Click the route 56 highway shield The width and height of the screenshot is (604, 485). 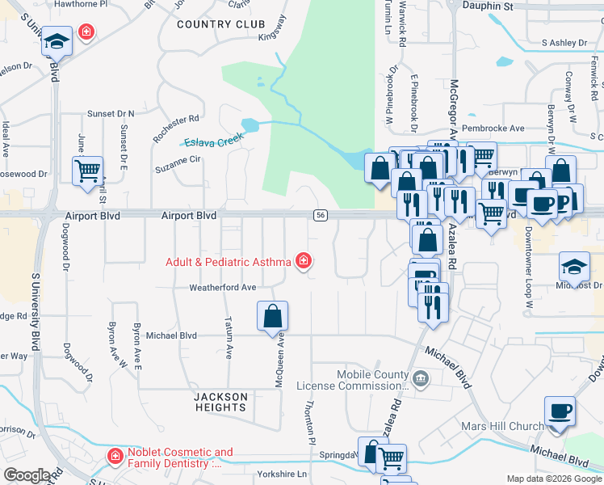pyautogui.click(x=321, y=214)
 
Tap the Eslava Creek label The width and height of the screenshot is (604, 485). pyautogui.click(x=213, y=141)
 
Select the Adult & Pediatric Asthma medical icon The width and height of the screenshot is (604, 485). pyautogui.click(x=304, y=260)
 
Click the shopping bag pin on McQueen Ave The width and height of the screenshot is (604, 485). pyautogui.click(x=273, y=315)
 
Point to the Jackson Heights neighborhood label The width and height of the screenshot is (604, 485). pyautogui.click(x=220, y=402)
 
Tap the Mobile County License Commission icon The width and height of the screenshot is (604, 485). pyautogui.click(x=420, y=377)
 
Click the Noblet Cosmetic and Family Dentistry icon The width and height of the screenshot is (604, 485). pyautogui.click(x=115, y=458)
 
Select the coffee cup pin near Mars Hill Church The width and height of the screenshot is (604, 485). pyautogui.click(x=560, y=411)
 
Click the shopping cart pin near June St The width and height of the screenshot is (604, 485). pyautogui.click(x=87, y=171)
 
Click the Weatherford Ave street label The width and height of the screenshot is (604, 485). pyautogui.click(x=222, y=287)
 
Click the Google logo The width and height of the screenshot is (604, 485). pyautogui.click(x=27, y=474)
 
